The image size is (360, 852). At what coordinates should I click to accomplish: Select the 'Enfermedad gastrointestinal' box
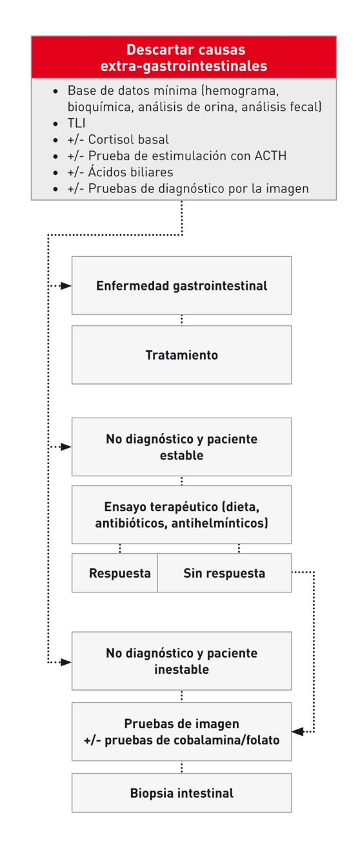[x=181, y=285]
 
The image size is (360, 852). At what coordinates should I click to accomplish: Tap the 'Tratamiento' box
[x=181, y=355]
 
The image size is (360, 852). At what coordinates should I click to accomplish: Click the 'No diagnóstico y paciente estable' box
[x=181, y=447]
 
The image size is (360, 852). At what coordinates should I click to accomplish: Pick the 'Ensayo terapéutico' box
[x=181, y=514]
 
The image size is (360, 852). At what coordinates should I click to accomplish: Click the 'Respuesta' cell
[x=115, y=573]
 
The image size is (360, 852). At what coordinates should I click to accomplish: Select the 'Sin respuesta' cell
[x=224, y=573]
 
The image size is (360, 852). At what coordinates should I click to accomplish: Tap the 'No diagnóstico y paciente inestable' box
[x=181, y=661]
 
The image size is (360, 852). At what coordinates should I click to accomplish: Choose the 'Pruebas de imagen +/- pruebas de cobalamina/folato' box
[x=181, y=732]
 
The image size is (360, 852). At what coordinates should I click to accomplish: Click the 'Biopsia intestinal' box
[x=181, y=793]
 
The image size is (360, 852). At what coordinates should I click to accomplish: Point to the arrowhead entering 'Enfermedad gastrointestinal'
[x=66, y=285]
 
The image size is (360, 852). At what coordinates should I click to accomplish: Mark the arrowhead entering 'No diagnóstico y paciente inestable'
[x=66, y=662]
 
